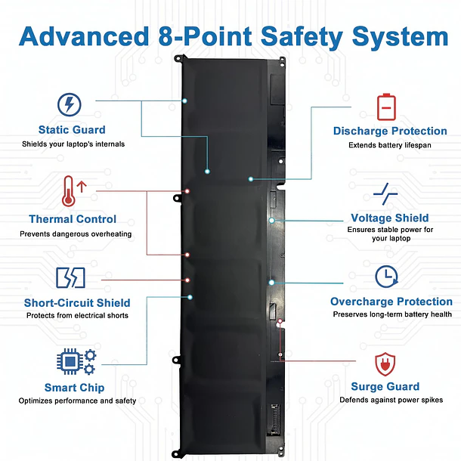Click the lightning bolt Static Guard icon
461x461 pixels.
coord(70,104)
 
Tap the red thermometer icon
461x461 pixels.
coord(69,191)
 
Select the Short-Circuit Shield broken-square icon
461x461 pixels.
coord(70,277)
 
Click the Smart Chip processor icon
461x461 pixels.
coord(76,362)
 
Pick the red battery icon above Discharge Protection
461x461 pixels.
coord(386,107)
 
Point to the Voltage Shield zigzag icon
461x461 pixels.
coord(385,193)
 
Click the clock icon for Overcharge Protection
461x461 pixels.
coord(386,277)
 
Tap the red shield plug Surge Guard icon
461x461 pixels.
coord(385,364)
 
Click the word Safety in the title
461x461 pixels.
coord(302,37)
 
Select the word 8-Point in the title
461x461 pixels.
coord(205,36)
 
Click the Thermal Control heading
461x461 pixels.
coord(73,219)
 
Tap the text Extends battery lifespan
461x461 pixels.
coord(390,145)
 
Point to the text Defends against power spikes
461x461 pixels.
coord(391,400)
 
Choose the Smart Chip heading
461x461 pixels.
coord(74,388)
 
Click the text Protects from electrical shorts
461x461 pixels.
coord(77,315)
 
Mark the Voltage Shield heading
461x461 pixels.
coord(389,218)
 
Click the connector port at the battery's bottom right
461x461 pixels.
coord(274,419)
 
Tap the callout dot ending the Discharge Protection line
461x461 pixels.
coord(251,179)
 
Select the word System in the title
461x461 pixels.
coord(400,37)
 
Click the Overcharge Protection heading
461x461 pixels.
coord(391,302)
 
